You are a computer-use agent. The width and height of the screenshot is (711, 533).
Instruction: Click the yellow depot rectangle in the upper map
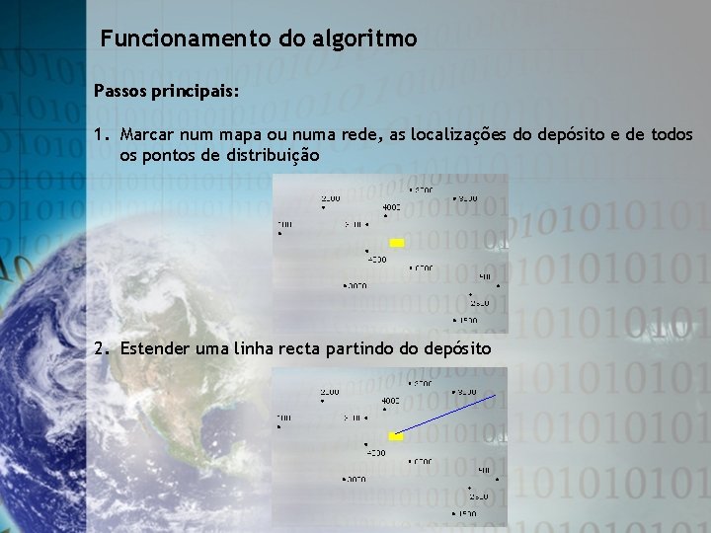(397, 242)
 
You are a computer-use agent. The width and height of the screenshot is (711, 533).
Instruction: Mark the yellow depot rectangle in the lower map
(397, 436)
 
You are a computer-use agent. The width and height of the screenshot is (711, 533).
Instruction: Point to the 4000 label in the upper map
(391, 206)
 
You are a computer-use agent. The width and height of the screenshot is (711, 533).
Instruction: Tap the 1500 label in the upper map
(466, 320)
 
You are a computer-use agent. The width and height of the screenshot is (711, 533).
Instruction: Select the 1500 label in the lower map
(466, 513)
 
